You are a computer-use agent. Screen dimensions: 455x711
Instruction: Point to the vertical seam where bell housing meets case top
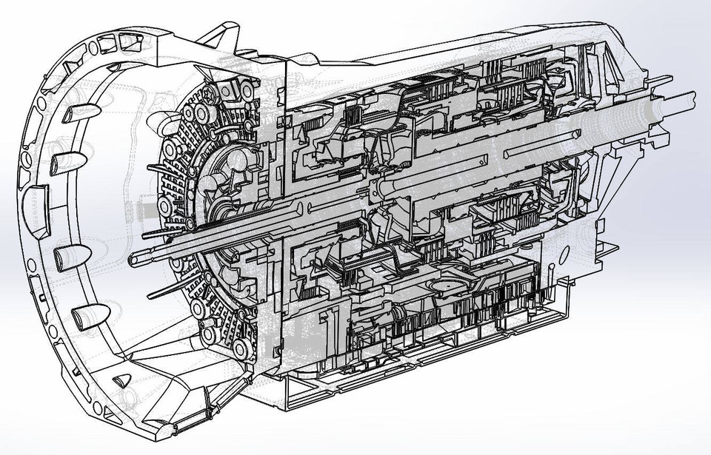pos(285,74)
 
